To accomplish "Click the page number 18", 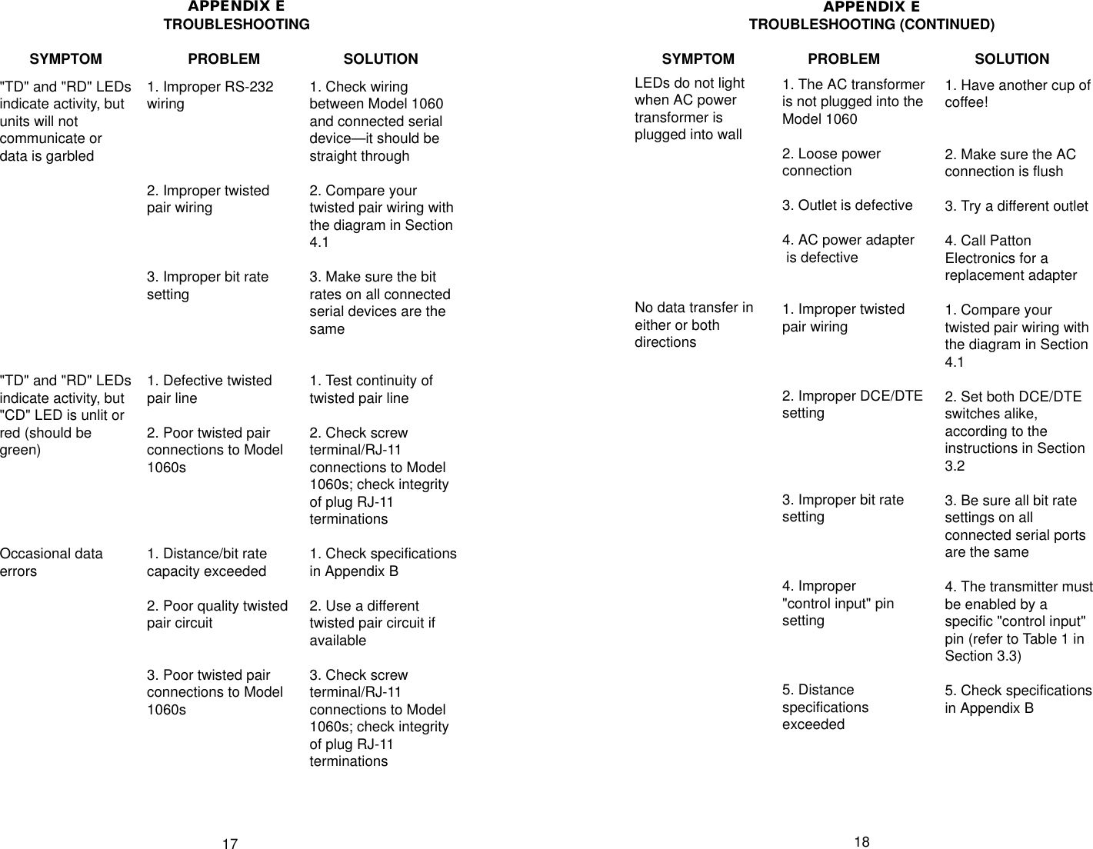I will [x=861, y=842].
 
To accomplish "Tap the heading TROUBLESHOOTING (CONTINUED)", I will [x=871, y=25].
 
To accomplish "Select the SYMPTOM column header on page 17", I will [x=65, y=59].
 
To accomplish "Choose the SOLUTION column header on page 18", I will [x=1011, y=59].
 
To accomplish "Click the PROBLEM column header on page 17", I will [x=224, y=59].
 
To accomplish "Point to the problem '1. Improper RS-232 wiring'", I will [x=210, y=95].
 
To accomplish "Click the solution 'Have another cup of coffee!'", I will [x=1017, y=94].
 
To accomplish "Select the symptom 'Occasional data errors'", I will [x=51, y=562].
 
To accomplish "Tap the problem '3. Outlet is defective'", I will [x=847, y=205].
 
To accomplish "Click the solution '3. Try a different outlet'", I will [x=1016, y=206].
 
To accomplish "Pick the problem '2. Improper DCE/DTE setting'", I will [x=851, y=405].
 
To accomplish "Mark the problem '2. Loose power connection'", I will [x=831, y=162].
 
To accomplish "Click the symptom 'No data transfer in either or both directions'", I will [x=693, y=325].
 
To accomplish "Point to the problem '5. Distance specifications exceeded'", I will [x=825, y=707].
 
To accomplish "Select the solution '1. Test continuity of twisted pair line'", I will [x=371, y=389].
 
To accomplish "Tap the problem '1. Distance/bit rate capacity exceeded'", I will [x=207, y=562].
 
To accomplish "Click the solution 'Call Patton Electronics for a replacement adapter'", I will [x=1010, y=258].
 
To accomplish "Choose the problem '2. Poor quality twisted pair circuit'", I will [x=217, y=614].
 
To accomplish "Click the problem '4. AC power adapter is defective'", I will [x=848, y=248].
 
